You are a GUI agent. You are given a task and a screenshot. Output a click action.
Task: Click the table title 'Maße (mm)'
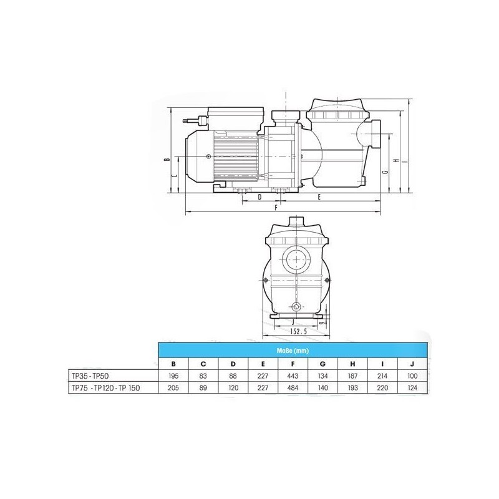(x=293, y=351)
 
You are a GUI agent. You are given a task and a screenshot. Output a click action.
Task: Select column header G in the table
(x=322, y=364)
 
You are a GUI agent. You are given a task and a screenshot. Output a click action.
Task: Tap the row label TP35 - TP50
(x=90, y=376)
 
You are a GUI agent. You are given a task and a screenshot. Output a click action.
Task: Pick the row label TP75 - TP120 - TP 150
(x=105, y=388)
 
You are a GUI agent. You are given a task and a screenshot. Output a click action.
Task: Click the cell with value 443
(x=293, y=376)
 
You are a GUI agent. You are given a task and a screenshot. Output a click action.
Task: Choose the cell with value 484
(x=293, y=388)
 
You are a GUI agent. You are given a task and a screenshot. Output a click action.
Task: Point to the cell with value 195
(x=173, y=376)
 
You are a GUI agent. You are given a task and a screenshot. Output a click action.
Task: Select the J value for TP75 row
(x=412, y=388)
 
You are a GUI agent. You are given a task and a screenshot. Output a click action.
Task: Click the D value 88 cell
(x=233, y=376)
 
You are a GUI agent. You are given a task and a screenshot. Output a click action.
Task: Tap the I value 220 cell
(x=382, y=388)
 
